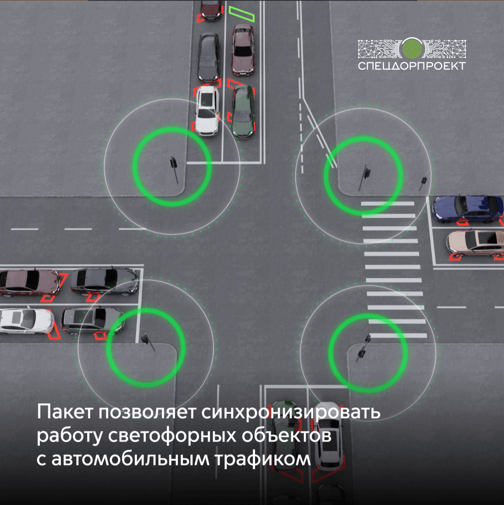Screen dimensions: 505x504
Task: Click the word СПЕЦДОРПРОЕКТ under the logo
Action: tap(412, 66)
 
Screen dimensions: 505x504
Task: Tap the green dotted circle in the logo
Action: tap(412, 48)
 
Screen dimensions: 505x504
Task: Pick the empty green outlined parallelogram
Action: tap(242, 14)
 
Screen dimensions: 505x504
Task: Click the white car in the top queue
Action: tap(207, 110)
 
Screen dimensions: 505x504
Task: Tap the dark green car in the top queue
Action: tap(243, 111)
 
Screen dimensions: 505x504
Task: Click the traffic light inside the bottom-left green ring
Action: tap(148, 340)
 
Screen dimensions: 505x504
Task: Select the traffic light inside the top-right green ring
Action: tap(365, 174)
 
